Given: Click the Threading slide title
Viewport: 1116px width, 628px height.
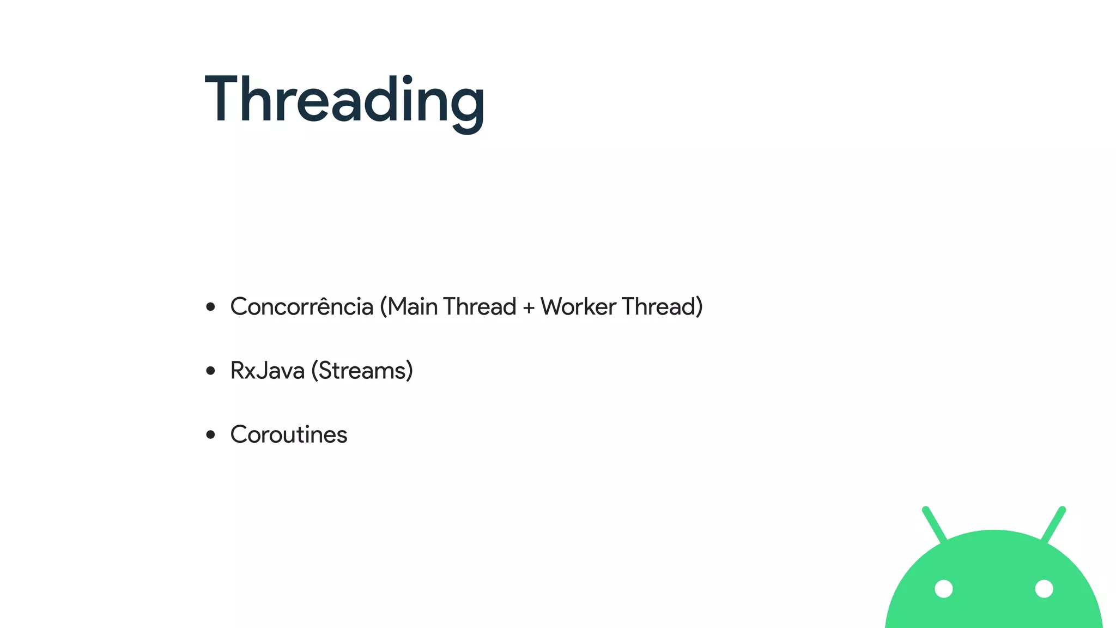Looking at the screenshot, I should point(344,101).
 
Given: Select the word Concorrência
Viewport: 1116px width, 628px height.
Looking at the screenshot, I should point(301,307).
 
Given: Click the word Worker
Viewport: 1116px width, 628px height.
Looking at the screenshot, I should point(578,307).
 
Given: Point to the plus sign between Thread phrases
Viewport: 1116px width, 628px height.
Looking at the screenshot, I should point(528,308).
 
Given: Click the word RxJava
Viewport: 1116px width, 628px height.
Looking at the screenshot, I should point(267,371).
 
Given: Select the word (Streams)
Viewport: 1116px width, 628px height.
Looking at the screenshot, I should point(362,371).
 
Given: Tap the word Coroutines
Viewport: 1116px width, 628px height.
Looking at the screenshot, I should point(288,435).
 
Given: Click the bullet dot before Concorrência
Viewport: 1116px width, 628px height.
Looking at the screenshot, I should point(211,307).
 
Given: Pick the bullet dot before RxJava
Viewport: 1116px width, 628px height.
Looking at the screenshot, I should point(211,371).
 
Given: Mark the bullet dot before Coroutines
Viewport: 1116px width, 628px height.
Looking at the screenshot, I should point(211,435).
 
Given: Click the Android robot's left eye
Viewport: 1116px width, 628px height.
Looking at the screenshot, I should point(944,589).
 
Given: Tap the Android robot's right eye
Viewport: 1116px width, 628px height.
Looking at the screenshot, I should point(1044,589).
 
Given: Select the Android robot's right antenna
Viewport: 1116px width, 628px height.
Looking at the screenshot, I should point(1053,524).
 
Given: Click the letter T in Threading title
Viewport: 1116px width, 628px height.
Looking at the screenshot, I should point(223,99).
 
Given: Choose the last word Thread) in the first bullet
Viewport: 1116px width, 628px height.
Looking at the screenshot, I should point(662,307).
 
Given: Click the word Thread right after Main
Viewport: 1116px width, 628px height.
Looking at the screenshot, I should point(480,307).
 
